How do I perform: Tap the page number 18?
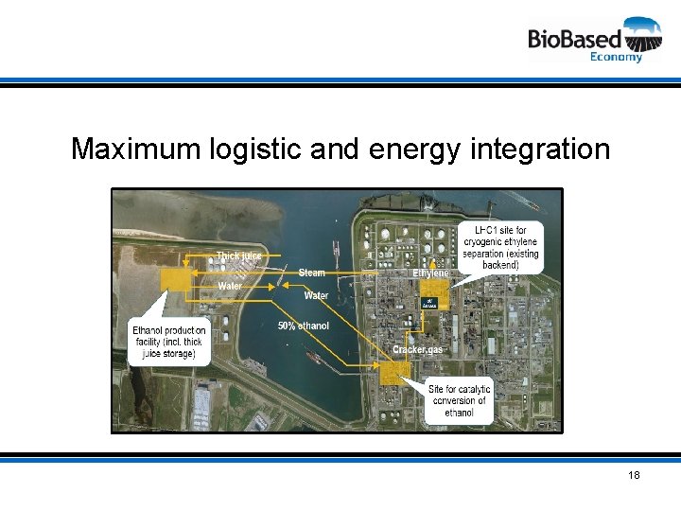tap(633, 474)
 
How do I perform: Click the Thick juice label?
tap(238, 255)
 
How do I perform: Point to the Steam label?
tap(312, 273)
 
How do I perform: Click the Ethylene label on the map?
tap(430, 273)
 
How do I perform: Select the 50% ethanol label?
tap(303, 326)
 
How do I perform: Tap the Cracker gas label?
tap(417, 350)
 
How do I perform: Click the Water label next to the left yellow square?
tap(230, 286)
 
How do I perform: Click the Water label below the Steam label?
tap(316, 295)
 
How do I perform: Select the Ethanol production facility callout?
tap(168, 342)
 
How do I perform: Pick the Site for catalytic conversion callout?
tap(459, 401)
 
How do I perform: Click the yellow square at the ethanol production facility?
tap(174, 278)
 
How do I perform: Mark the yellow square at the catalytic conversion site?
tap(391, 371)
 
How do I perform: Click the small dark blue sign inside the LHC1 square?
tap(429, 303)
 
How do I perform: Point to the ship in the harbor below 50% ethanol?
tap(312, 356)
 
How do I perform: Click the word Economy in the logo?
tap(616, 57)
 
